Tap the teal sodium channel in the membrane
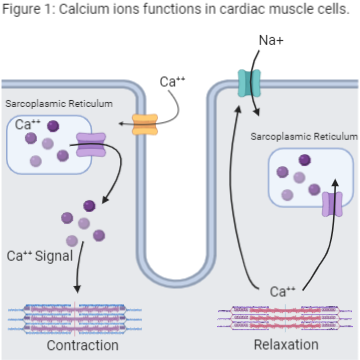(247, 83)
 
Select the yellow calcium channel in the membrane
(146, 125)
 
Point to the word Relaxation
(283, 345)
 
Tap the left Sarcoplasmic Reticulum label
(58, 104)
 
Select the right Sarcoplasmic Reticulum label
(303, 135)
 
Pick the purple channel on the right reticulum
(332, 204)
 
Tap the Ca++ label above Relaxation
(283, 292)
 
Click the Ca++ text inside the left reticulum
(29, 125)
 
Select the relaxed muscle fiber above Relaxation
(283, 318)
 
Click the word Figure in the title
(23, 11)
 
